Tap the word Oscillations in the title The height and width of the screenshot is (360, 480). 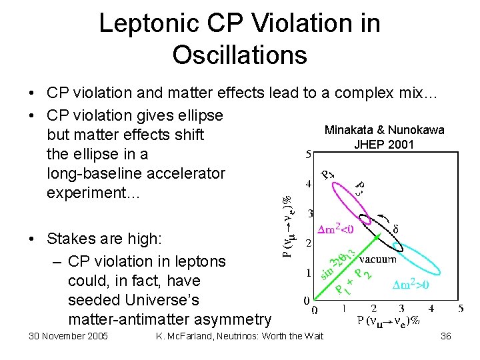239,54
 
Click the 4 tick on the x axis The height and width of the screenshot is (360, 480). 431,309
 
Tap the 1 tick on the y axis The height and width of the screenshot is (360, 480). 307,273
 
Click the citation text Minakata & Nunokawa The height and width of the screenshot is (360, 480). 384,130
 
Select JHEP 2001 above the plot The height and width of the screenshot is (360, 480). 384,144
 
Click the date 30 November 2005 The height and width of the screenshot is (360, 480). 68,336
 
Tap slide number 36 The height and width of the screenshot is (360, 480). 445,336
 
